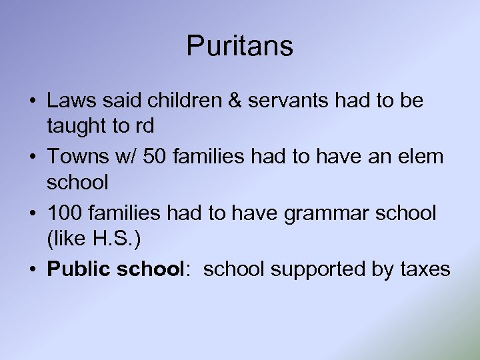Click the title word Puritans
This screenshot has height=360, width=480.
[x=239, y=46]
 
